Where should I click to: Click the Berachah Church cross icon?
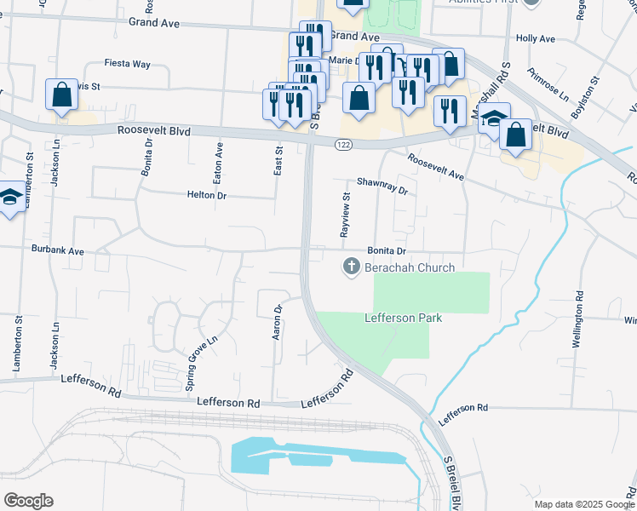350,267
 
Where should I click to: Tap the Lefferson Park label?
403,318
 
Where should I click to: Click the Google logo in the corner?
28,501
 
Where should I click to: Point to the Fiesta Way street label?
127,64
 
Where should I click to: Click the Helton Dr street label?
206,195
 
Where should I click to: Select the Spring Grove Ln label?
203,362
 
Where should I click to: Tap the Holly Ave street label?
536,39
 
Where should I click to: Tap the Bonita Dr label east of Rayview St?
387,251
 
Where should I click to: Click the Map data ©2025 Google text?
584,504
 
